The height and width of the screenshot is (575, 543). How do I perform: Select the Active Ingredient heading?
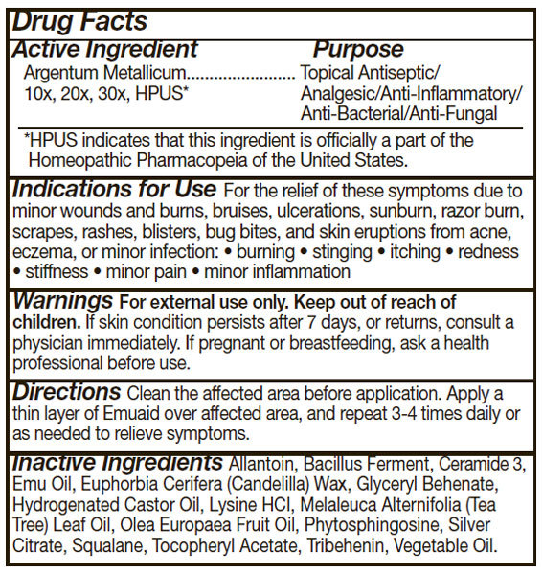click(104, 49)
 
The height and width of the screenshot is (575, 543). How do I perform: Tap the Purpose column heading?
click(358, 49)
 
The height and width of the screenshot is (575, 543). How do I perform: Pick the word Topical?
click(328, 73)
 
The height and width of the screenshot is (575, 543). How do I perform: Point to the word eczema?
click(41, 252)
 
